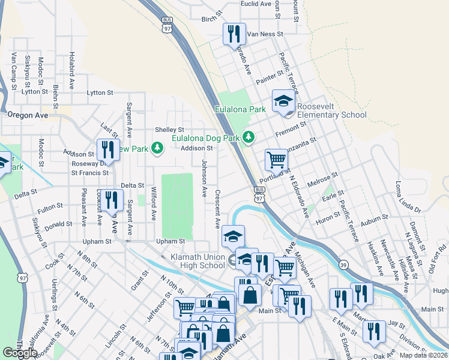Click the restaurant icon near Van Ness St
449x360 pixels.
click(x=234, y=34)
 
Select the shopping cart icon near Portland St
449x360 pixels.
click(x=276, y=160)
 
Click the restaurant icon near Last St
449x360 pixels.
click(x=107, y=149)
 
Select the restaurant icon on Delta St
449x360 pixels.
click(x=112, y=200)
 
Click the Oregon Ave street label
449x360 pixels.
click(x=27, y=115)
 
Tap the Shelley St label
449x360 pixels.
click(x=169, y=130)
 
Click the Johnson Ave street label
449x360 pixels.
click(x=205, y=178)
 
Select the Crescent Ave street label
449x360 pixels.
click(x=218, y=209)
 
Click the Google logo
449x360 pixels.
click(x=20, y=353)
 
